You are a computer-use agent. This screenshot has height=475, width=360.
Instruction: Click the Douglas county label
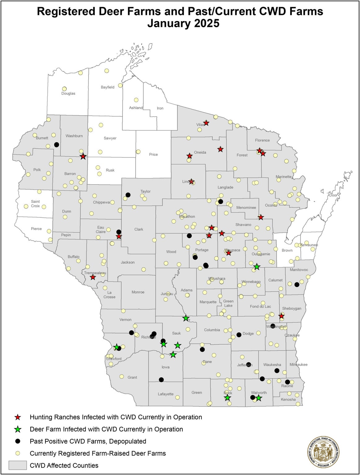[68, 93]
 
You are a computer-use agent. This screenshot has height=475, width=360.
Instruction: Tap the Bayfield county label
[107, 87]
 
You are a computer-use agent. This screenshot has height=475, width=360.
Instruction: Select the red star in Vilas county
[206, 123]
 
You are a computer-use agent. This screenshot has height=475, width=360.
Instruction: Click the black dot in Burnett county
[56, 144]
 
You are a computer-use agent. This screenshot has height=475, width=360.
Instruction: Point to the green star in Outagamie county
[257, 267]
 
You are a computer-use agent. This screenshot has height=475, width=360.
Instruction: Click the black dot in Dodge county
[239, 335]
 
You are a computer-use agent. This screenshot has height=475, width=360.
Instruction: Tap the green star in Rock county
[228, 398]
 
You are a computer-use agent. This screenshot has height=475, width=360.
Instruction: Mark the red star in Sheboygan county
[281, 316]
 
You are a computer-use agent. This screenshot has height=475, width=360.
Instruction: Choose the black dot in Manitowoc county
[297, 285]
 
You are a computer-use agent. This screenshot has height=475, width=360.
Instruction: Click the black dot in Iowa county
[161, 379]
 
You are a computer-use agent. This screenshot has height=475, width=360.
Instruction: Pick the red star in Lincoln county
[192, 182]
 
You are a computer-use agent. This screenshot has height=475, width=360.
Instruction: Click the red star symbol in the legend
[18, 417]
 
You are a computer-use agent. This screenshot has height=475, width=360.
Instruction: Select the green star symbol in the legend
[18, 429]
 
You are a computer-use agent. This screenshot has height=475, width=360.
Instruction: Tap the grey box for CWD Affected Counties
[18, 465]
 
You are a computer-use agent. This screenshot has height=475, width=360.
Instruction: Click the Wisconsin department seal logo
[323, 452]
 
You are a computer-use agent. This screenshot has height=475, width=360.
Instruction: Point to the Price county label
[153, 154]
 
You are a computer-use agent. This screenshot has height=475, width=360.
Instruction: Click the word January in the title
[170, 24]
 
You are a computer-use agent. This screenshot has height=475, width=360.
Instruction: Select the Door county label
[333, 195]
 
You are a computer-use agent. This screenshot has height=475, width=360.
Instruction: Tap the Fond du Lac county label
[260, 306]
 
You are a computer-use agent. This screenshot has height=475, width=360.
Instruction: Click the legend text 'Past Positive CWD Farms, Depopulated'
[88, 441]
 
